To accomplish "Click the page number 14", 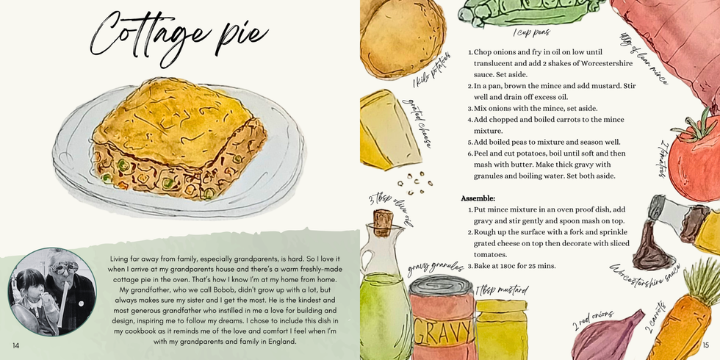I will click(15, 345).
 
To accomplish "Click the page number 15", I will click(705, 345).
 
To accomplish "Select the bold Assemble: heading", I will click(478, 198).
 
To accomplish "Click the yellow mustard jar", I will click(503, 327).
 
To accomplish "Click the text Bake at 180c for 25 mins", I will click(515, 265).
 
